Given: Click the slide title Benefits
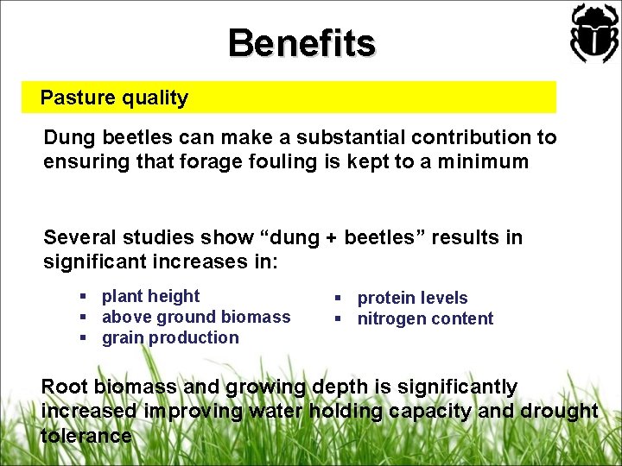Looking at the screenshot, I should (x=301, y=43).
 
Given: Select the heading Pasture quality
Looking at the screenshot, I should (x=114, y=98).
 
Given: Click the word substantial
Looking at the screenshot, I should (x=345, y=137).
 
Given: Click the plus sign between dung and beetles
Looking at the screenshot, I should (x=330, y=238).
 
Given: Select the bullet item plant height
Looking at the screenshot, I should (x=150, y=296).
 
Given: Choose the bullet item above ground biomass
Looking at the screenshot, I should (x=196, y=317).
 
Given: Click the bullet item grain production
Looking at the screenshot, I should (x=170, y=337).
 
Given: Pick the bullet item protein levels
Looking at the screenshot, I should (x=412, y=298).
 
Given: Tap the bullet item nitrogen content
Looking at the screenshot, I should (x=425, y=318).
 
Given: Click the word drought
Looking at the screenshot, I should (x=559, y=411).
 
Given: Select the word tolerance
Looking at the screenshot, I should (x=86, y=436).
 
